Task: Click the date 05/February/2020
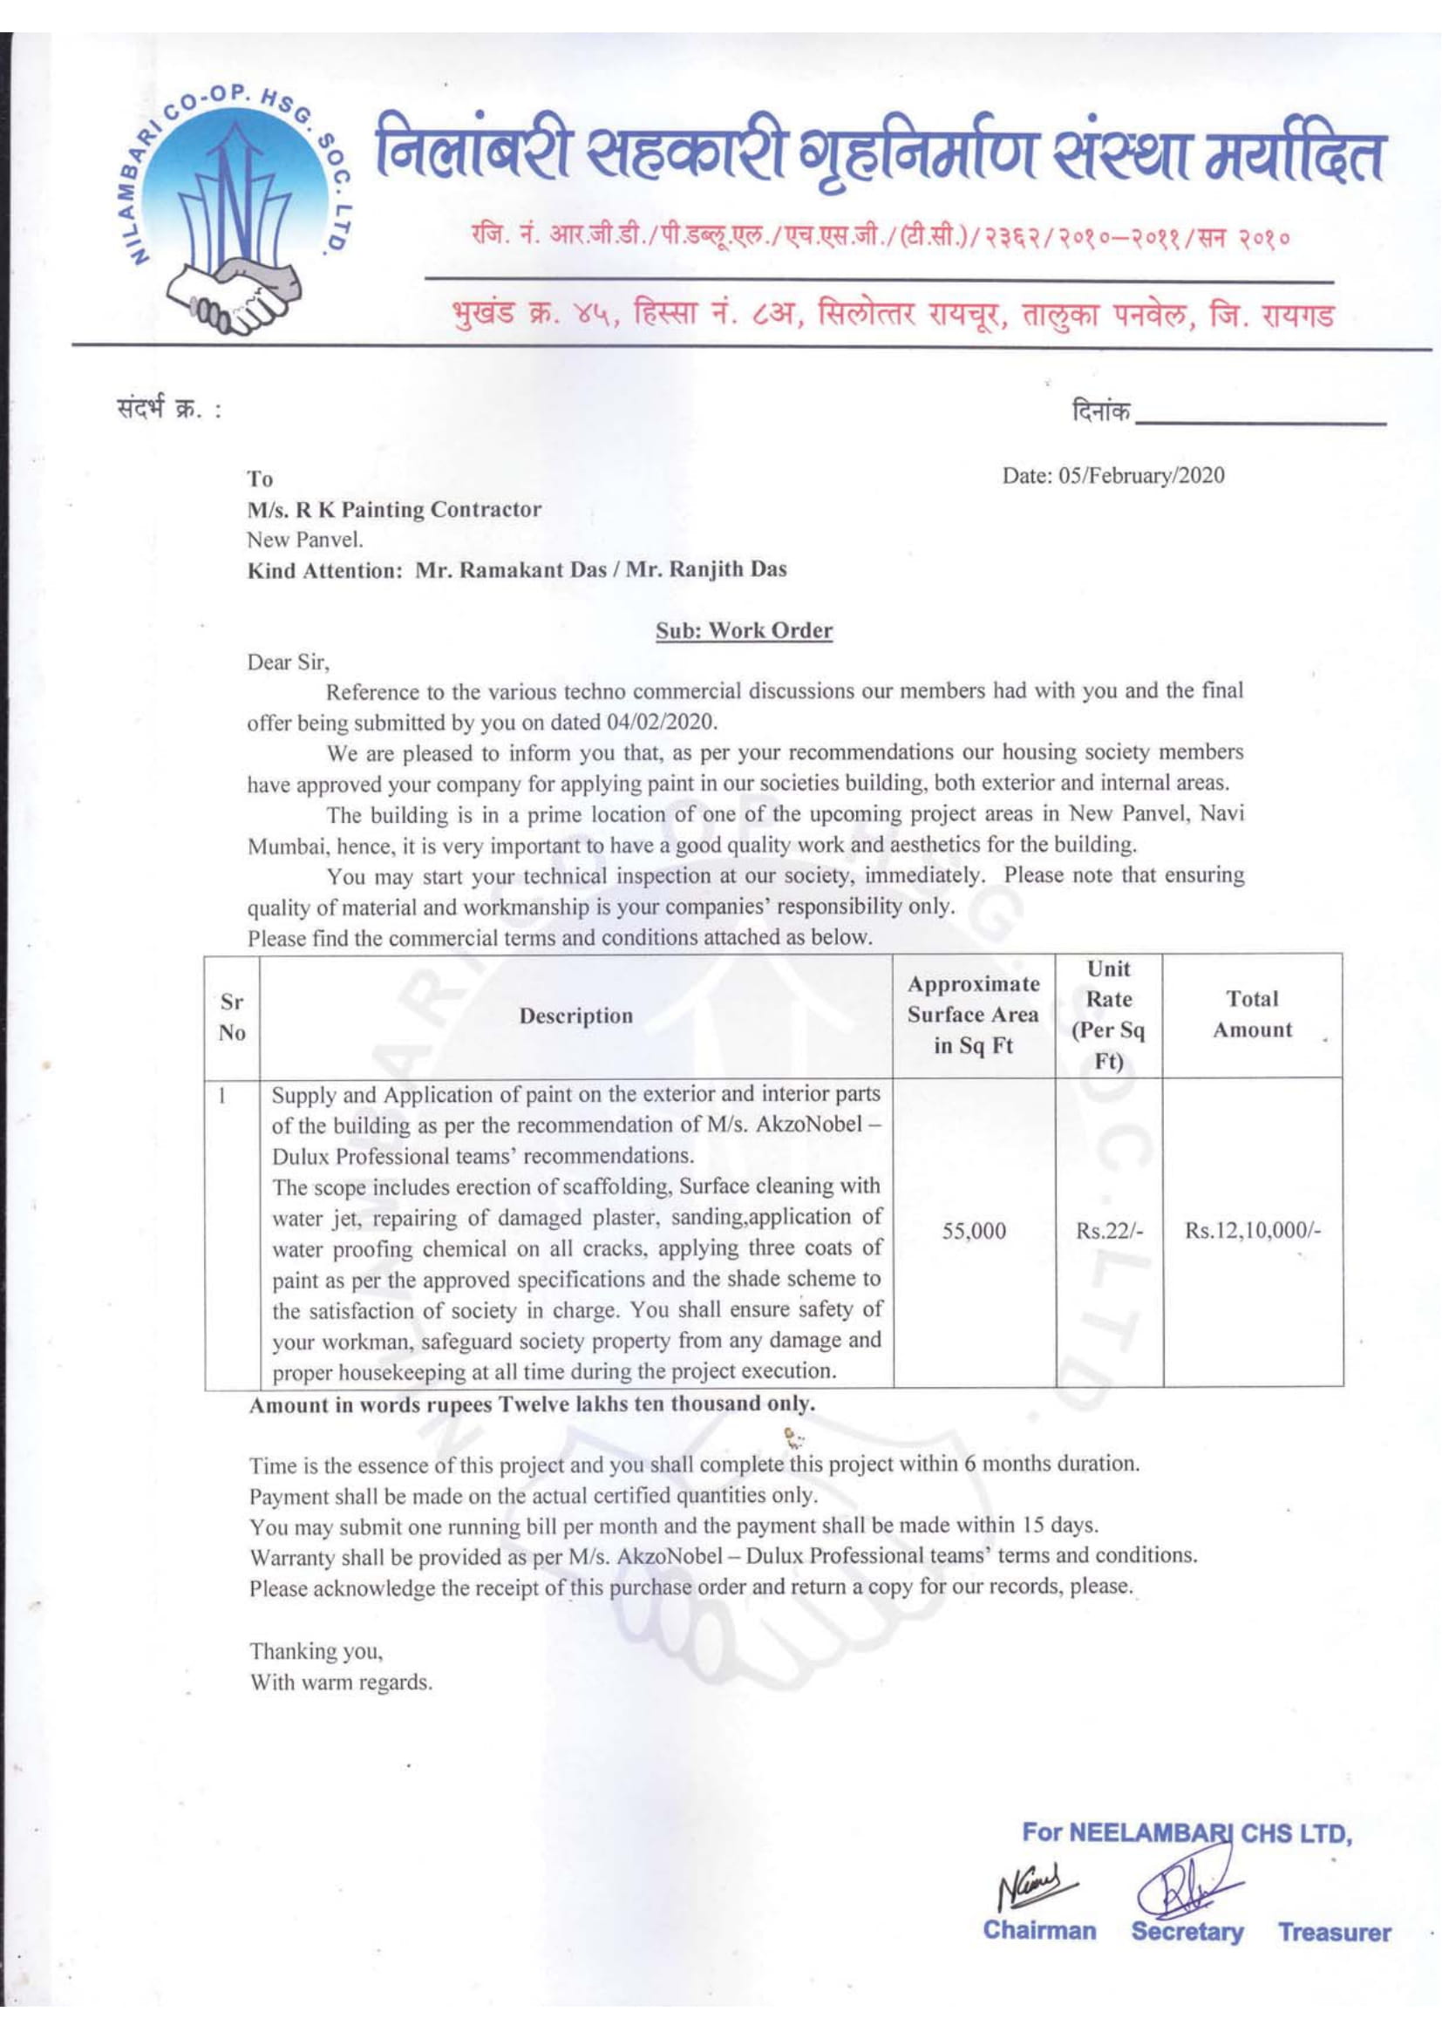tap(1112, 476)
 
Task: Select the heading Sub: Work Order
tap(743, 630)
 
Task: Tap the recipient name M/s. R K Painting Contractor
tap(393, 510)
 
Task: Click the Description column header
tap(575, 1015)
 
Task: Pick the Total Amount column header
tap(1252, 1014)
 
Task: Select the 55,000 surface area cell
tap(974, 1231)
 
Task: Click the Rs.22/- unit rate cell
tap(1109, 1231)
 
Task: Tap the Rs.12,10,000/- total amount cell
tap(1253, 1231)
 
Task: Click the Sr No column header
tap(232, 1016)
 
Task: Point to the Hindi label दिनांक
tap(1101, 411)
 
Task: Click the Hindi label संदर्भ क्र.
tap(164, 411)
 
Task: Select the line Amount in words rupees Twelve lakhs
tap(531, 1404)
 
